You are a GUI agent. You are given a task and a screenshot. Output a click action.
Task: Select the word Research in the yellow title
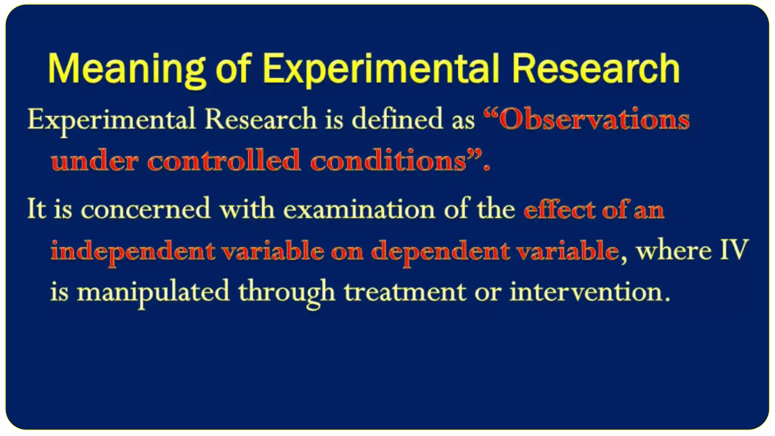596,69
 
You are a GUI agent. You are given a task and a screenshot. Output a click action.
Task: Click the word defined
397,119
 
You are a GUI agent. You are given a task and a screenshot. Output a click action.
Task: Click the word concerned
146,209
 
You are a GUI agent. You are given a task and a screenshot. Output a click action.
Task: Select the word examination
359,209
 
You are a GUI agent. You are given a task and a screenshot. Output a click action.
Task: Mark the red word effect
559,209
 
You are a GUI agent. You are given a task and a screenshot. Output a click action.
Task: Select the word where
674,251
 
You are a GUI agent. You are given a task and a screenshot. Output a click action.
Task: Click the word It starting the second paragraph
37,209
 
